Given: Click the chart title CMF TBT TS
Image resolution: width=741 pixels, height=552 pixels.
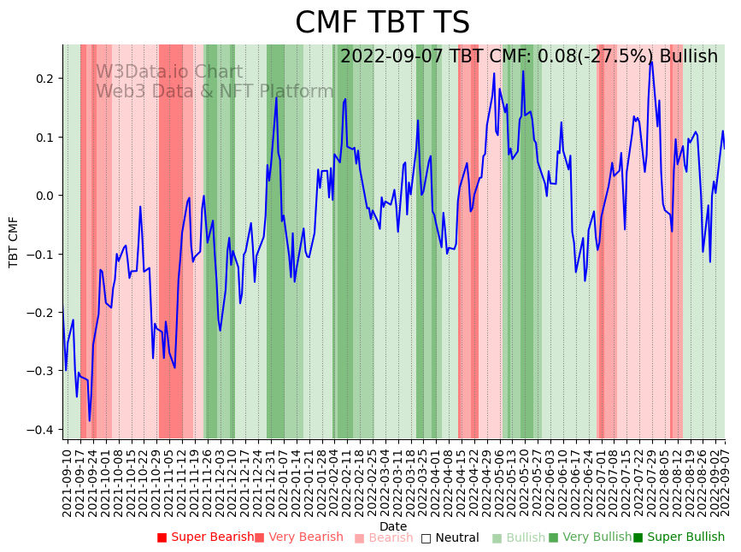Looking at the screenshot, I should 382,23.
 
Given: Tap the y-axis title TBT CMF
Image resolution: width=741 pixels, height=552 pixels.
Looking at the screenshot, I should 14,242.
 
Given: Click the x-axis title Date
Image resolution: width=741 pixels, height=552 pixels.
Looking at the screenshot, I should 393,526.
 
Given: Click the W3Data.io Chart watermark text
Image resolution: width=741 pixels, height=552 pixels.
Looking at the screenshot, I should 168,72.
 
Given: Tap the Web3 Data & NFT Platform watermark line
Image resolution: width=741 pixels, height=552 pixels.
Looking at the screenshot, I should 214,91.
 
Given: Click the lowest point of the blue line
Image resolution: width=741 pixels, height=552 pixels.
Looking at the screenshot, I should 89,420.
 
